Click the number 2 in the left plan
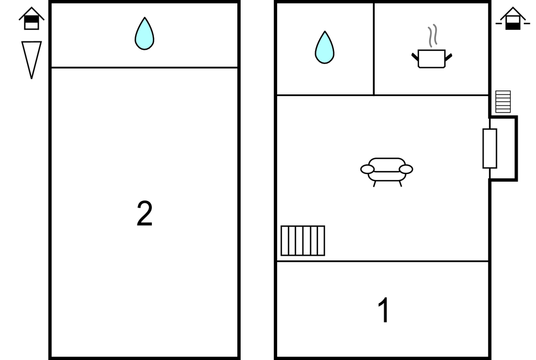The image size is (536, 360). click(x=144, y=213)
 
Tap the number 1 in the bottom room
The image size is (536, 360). click(x=384, y=310)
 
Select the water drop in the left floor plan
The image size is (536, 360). click(x=144, y=34)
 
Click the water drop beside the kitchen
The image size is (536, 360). click(x=325, y=47)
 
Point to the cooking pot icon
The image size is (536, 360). click(x=432, y=59)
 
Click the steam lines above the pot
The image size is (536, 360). click(x=433, y=35)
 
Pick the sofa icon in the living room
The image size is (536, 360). click(x=386, y=172)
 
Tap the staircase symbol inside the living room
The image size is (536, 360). click(x=303, y=241)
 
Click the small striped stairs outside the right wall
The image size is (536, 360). click(x=503, y=102)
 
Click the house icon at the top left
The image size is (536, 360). click(x=31, y=18)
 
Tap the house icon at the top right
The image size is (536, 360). click(x=513, y=18)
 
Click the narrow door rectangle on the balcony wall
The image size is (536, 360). click(x=490, y=149)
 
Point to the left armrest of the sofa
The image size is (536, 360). click(x=368, y=169)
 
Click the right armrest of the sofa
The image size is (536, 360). click(x=406, y=169)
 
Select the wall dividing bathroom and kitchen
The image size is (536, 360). click(x=374, y=49)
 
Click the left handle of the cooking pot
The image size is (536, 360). click(x=415, y=57)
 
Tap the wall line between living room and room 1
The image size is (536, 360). click(x=383, y=261)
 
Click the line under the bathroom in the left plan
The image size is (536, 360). click(x=144, y=68)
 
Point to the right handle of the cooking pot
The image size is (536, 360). click(x=448, y=57)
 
